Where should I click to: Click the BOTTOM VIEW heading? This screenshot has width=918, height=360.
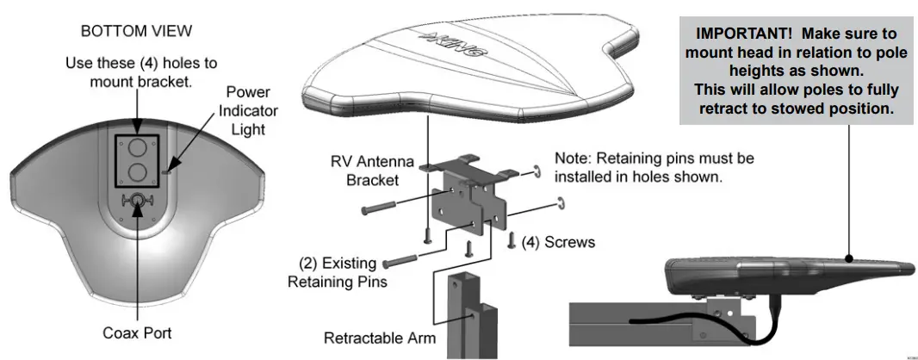[136, 31]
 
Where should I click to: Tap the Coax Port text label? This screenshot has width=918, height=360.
[138, 332]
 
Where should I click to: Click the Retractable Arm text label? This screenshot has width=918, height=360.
[379, 338]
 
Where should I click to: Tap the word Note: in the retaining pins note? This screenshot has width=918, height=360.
[573, 158]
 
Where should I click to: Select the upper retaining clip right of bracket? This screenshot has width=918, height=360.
[535, 169]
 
